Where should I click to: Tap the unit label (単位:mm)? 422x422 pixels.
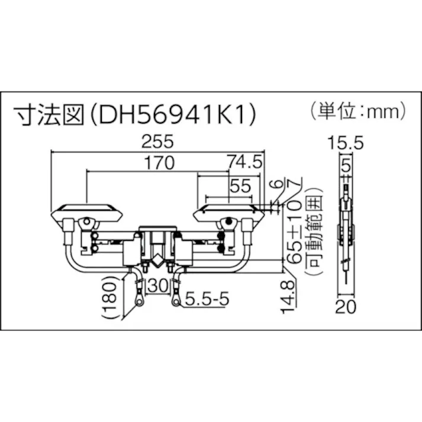[357, 109]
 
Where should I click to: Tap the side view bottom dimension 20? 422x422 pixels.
[344, 307]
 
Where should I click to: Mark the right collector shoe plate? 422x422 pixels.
[228, 210]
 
